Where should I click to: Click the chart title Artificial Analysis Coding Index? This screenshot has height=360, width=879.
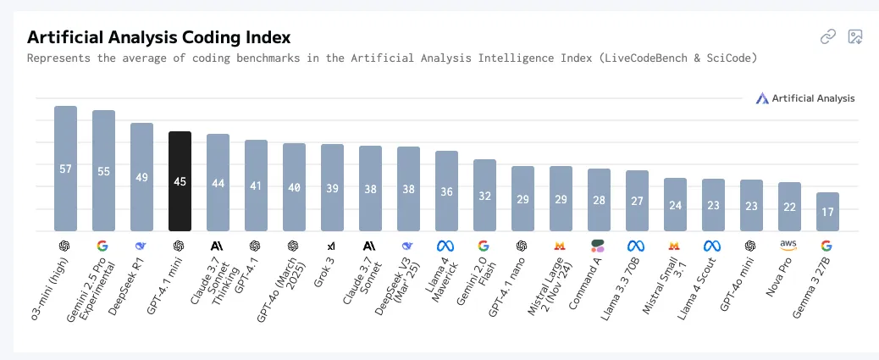click(159, 37)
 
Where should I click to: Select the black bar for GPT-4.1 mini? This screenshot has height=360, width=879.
click(180, 180)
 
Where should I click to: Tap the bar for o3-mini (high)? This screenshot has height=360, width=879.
click(65, 168)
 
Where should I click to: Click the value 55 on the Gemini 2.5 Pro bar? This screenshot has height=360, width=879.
click(103, 171)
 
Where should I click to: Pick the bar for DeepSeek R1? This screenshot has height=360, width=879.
click(141, 176)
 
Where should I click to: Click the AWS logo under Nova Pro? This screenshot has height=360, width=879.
click(788, 245)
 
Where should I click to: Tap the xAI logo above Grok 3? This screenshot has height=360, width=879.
click(331, 246)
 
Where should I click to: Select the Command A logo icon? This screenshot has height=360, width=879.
click(599, 246)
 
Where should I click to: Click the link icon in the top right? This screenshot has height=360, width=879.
click(827, 36)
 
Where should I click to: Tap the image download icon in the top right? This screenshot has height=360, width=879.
click(854, 36)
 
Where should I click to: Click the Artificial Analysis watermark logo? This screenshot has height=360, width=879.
click(805, 98)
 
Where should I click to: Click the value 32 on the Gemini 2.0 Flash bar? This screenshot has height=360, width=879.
click(484, 196)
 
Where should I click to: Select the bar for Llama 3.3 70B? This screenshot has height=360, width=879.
click(637, 200)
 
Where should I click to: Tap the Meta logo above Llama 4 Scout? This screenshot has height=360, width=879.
click(712, 246)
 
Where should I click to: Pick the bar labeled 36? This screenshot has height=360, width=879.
click(446, 191)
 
